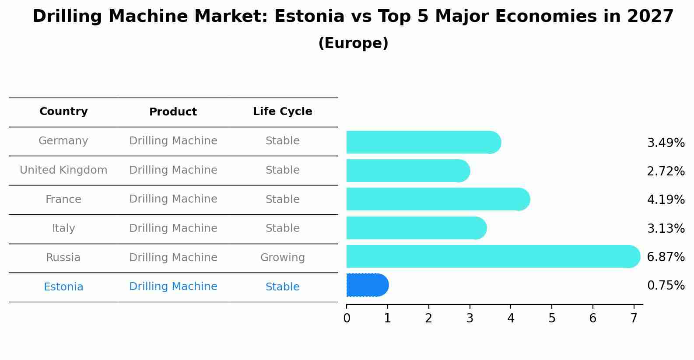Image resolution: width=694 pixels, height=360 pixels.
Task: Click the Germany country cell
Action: point(63,141)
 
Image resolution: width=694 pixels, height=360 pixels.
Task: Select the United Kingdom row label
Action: point(63,170)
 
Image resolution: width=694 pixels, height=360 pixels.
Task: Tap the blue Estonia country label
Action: point(63,287)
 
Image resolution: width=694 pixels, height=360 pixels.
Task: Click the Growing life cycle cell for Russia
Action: point(283,258)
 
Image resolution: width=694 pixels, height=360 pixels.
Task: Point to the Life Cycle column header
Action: point(283,112)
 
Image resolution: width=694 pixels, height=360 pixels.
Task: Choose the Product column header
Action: point(173,112)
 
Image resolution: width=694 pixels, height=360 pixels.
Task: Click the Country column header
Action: point(63,112)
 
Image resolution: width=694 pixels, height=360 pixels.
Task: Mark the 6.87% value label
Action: point(666,257)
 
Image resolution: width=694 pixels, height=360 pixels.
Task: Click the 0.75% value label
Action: point(666,286)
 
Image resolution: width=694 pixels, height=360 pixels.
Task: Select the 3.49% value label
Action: point(666,143)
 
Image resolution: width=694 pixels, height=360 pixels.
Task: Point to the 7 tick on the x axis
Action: point(634,318)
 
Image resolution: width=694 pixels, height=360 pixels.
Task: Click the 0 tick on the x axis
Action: point(347,318)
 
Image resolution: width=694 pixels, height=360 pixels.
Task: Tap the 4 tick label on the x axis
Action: point(511,318)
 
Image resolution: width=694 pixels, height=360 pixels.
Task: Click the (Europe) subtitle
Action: point(353,43)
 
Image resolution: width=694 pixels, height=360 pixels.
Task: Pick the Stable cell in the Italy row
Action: point(283,228)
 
